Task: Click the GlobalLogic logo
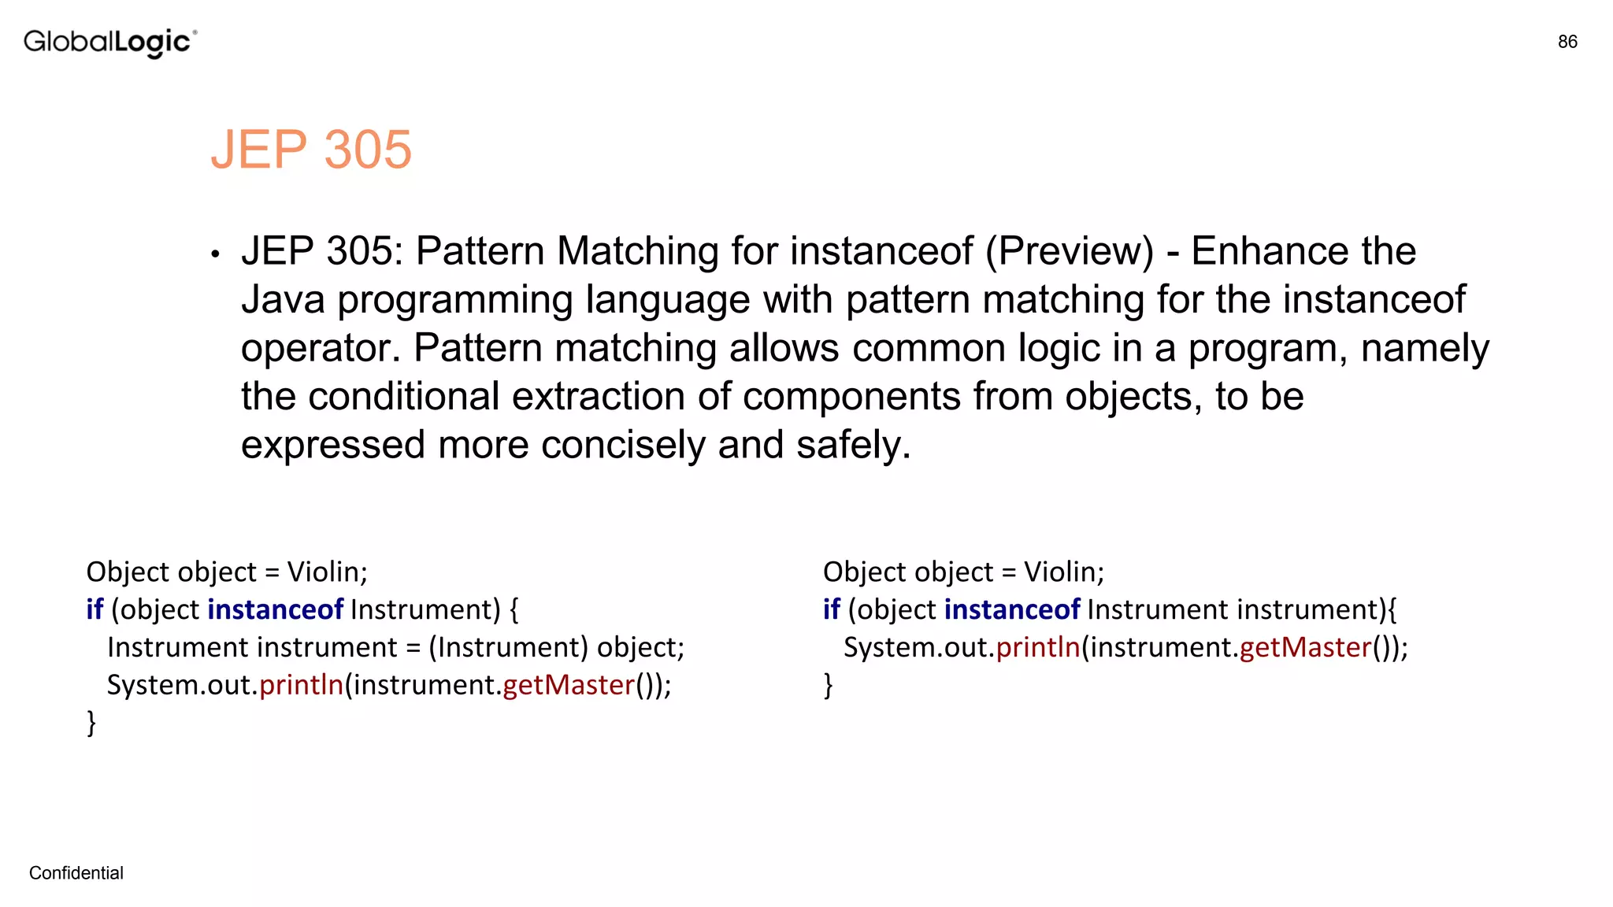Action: pyautogui.click(x=109, y=43)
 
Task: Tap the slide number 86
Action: pyautogui.click(x=1567, y=42)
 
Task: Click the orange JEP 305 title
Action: pyautogui.click(x=311, y=149)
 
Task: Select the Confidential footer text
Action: pyautogui.click(x=76, y=873)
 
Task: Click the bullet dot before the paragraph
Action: pyautogui.click(x=215, y=254)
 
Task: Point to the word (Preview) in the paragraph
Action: pyautogui.click(x=1069, y=252)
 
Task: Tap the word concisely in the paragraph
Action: pyautogui.click(x=625, y=446)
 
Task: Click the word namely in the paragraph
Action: pyautogui.click(x=1425, y=349)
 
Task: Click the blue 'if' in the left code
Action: pyautogui.click(x=95, y=609)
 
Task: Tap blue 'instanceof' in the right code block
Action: pyautogui.click(x=1012, y=609)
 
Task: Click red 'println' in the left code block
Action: pyautogui.click(x=301, y=685)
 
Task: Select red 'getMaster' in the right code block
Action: pyautogui.click(x=1305, y=647)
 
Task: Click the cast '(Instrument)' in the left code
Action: pyautogui.click(x=508, y=647)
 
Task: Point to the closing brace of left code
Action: pyautogui.click(x=91, y=723)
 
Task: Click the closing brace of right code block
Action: pyautogui.click(x=829, y=685)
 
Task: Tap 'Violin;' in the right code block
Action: pyautogui.click(x=1064, y=572)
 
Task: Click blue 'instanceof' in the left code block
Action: pyautogui.click(x=275, y=609)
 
